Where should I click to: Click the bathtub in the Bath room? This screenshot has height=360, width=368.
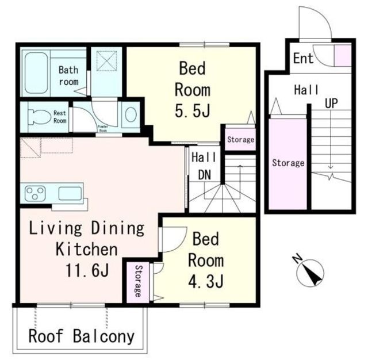click(x=36, y=73)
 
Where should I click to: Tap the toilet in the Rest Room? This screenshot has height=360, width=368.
click(x=39, y=117)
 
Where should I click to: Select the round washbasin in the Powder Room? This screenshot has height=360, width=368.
click(x=131, y=115)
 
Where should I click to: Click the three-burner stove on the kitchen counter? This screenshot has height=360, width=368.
click(x=35, y=193)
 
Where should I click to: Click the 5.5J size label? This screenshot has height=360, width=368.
click(x=193, y=110)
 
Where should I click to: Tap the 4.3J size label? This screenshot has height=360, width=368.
click(x=206, y=281)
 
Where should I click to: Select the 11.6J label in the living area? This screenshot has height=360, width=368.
click(x=87, y=270)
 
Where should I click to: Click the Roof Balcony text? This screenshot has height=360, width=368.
click(x=81, y=336)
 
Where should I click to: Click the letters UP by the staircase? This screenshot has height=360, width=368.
click(x=331, y=103)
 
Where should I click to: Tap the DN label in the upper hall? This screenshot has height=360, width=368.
click(x=205, y=175)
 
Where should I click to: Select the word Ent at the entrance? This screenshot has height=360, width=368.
click(x=303, y=58)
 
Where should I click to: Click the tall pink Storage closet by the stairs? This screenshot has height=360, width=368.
click(x=287, y=164)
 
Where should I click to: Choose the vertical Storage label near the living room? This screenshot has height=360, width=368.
click(x=138, y=281)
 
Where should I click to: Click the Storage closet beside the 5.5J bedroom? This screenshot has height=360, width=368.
click(x=240, y=140)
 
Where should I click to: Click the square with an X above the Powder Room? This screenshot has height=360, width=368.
click(x=106, y=61)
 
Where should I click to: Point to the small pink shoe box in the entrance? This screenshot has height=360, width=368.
click(x=343, y=56)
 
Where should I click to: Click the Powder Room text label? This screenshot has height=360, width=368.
click(x=103, y=129)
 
